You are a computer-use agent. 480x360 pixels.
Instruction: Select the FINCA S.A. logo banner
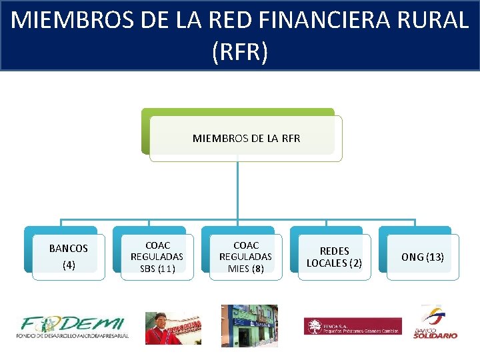click(353, 326)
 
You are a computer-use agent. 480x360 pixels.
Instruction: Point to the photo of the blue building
click(249, 326)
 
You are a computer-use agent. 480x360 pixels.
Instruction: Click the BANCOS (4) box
click(69, 257)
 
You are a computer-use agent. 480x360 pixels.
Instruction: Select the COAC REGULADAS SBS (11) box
click(157, 257)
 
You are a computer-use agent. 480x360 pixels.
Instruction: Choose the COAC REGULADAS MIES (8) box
click(245, 257)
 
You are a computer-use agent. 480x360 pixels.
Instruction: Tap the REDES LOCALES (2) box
click(334, 257)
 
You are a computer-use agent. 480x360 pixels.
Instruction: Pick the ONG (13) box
click(423, 257)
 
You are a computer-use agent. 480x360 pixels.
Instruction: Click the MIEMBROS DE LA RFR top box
click(246, 139)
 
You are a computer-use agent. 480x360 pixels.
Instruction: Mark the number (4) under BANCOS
click(69, 265)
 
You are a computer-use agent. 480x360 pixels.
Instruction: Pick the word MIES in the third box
click(239, 269)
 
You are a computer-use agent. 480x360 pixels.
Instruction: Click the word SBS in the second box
click(148, 269)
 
